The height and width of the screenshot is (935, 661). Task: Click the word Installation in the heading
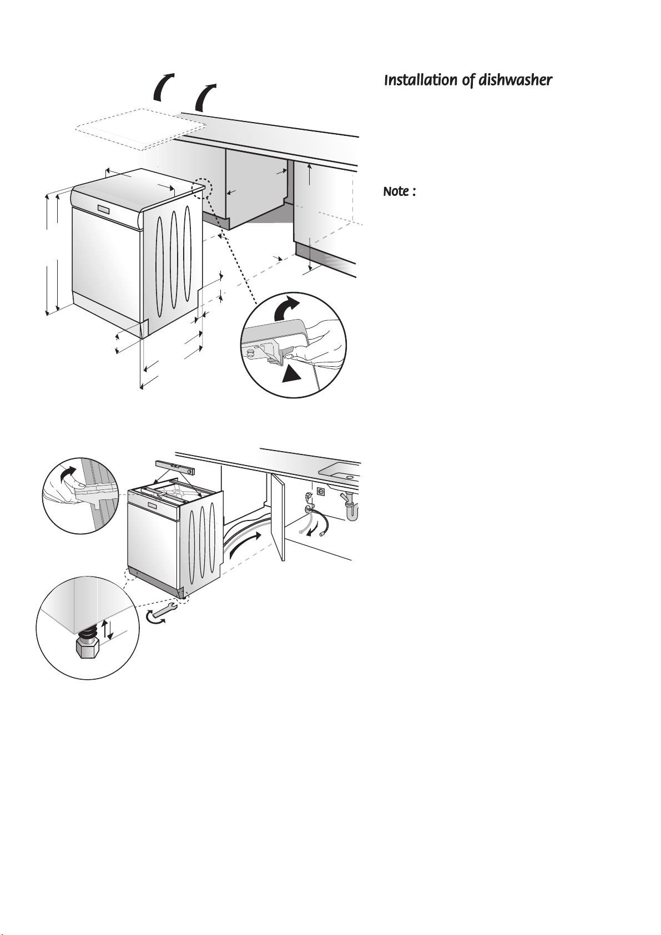(421, 80)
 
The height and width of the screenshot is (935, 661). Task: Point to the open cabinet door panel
(278, 517)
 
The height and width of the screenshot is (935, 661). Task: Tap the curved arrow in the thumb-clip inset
(69, 474)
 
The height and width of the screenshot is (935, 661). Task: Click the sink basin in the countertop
(340, 469)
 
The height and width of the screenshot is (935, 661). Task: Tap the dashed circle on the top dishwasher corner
(203, 188)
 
